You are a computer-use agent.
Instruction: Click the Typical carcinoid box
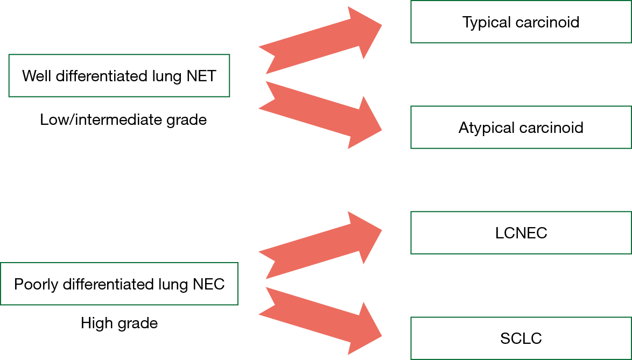coord(521,22)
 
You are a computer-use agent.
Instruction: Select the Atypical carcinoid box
coord(521,127)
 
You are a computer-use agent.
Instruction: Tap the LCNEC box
coord(521,233)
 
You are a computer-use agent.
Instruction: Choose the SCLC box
coord(521,338)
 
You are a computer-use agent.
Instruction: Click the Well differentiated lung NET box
coord(120,76)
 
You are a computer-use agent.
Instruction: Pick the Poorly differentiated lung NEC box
coord(120,284)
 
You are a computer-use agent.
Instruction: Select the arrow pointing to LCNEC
coord(320,244)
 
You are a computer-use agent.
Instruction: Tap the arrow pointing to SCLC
coord(320,321)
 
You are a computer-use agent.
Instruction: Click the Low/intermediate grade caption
coord(123,119)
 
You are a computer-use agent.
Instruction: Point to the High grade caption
coord(120,323)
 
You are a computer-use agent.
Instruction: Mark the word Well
coord(37,76)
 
